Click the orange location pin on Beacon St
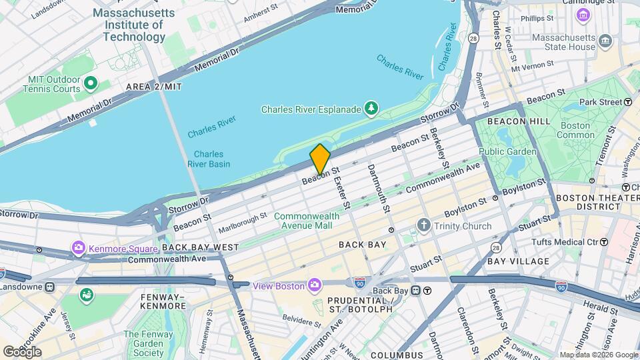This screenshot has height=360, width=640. (320, 159)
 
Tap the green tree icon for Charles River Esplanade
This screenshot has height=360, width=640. (371, 108)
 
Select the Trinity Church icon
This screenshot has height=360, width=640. (423, 226)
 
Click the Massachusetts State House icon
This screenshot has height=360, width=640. (605, 41)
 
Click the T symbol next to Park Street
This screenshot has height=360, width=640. (628, 102)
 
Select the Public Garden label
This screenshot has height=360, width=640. (507, 151)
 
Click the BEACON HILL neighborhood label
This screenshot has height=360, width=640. (519, 121)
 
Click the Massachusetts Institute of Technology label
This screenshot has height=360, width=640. (133, 25)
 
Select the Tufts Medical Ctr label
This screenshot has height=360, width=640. (564, 241)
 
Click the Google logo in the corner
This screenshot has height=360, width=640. (22, 351)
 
